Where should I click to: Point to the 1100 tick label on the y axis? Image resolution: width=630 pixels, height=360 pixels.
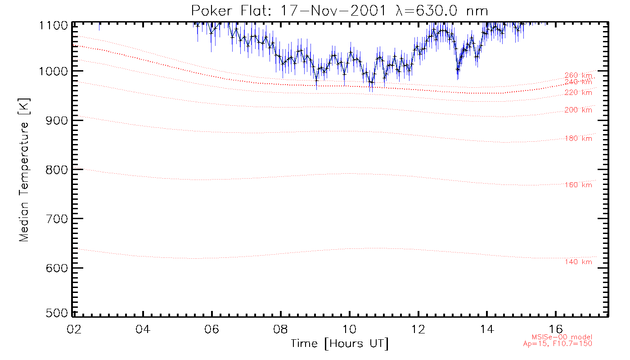(x=53, y=25)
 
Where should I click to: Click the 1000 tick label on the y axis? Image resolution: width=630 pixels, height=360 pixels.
(x=53, y=71)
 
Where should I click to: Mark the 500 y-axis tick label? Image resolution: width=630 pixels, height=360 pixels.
(x=56, y=313)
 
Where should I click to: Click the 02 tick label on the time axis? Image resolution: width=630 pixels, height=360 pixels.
(x=74, y=329)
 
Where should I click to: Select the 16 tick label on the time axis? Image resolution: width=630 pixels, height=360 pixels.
(x=557, y=329)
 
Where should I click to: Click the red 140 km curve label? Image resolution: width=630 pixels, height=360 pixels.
(x=578, y=262)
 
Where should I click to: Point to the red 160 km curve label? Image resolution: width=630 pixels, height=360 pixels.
(x=578, y=185)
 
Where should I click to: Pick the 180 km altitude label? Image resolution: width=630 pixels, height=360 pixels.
(x=578, y=139)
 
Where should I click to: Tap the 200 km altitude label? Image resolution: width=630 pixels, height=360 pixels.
(x=578, y=110)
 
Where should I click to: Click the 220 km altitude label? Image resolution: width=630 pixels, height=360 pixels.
(x=578, y=93)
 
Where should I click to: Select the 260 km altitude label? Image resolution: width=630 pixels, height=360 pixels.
(x=578, y=76)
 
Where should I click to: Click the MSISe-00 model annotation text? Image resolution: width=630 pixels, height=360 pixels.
(x=562, y=337)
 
